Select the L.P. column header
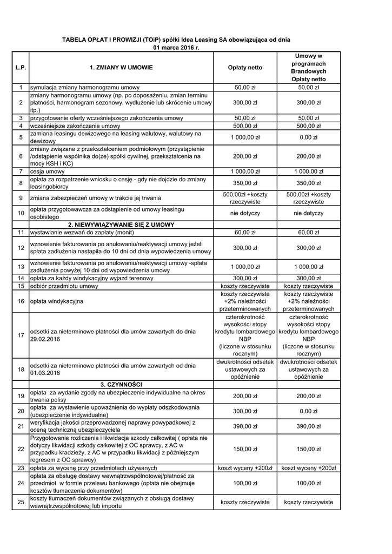pos(21,68)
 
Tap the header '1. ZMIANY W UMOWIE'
pos(121,68)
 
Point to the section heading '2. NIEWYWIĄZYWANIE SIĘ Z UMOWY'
pos(121,225)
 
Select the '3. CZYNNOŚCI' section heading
pos(121,384)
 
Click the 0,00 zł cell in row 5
pos(309,137)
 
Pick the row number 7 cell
pos(21,172)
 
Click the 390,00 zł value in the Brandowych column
pos(309,426)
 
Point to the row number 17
pos(21,335)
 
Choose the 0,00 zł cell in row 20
pos(309,411)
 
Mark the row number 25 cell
pos(21,502)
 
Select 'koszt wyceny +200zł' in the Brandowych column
pos(309,467)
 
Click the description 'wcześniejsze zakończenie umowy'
pos(75,126)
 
